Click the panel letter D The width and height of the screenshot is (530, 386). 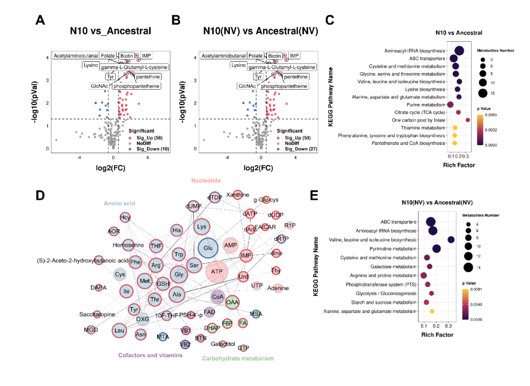(x=41, y=195)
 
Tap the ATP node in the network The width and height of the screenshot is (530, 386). (x=216, y=271)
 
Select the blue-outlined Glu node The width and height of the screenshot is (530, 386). (x=208, y=248)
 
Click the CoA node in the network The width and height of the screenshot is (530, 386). (x=218, y=297)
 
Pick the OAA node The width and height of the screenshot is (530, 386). (x=232, y=302)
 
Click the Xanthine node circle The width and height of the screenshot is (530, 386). (x=238, y=195)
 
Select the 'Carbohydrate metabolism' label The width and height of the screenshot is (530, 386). (x=238, y=359)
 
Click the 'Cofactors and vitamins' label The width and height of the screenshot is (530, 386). (x=150, y=355)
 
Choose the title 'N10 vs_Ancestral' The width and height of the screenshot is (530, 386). (x=110, y=31)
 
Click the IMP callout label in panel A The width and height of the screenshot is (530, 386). (x=147, y=56)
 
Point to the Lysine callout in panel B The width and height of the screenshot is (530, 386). (x=238, y=65)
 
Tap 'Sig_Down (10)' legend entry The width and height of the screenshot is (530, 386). (x=153, y=149)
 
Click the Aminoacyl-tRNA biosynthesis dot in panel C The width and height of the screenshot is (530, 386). (x=459, y=51)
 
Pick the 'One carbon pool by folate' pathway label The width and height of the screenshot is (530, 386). (x=419, y=120)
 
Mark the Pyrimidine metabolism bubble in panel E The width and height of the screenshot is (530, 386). (x=436, y=249)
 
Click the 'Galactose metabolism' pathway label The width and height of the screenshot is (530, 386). (x=392, y=266)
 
